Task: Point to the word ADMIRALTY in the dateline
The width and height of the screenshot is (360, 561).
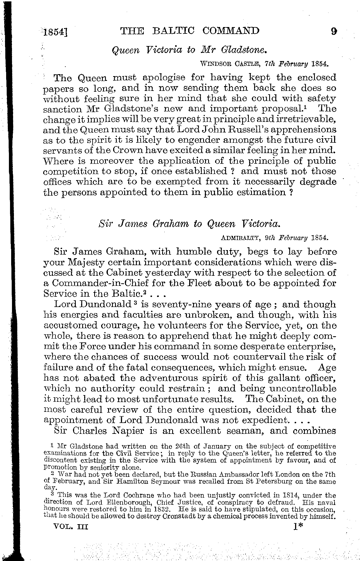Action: pyautogui.click(x=240, y=238)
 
